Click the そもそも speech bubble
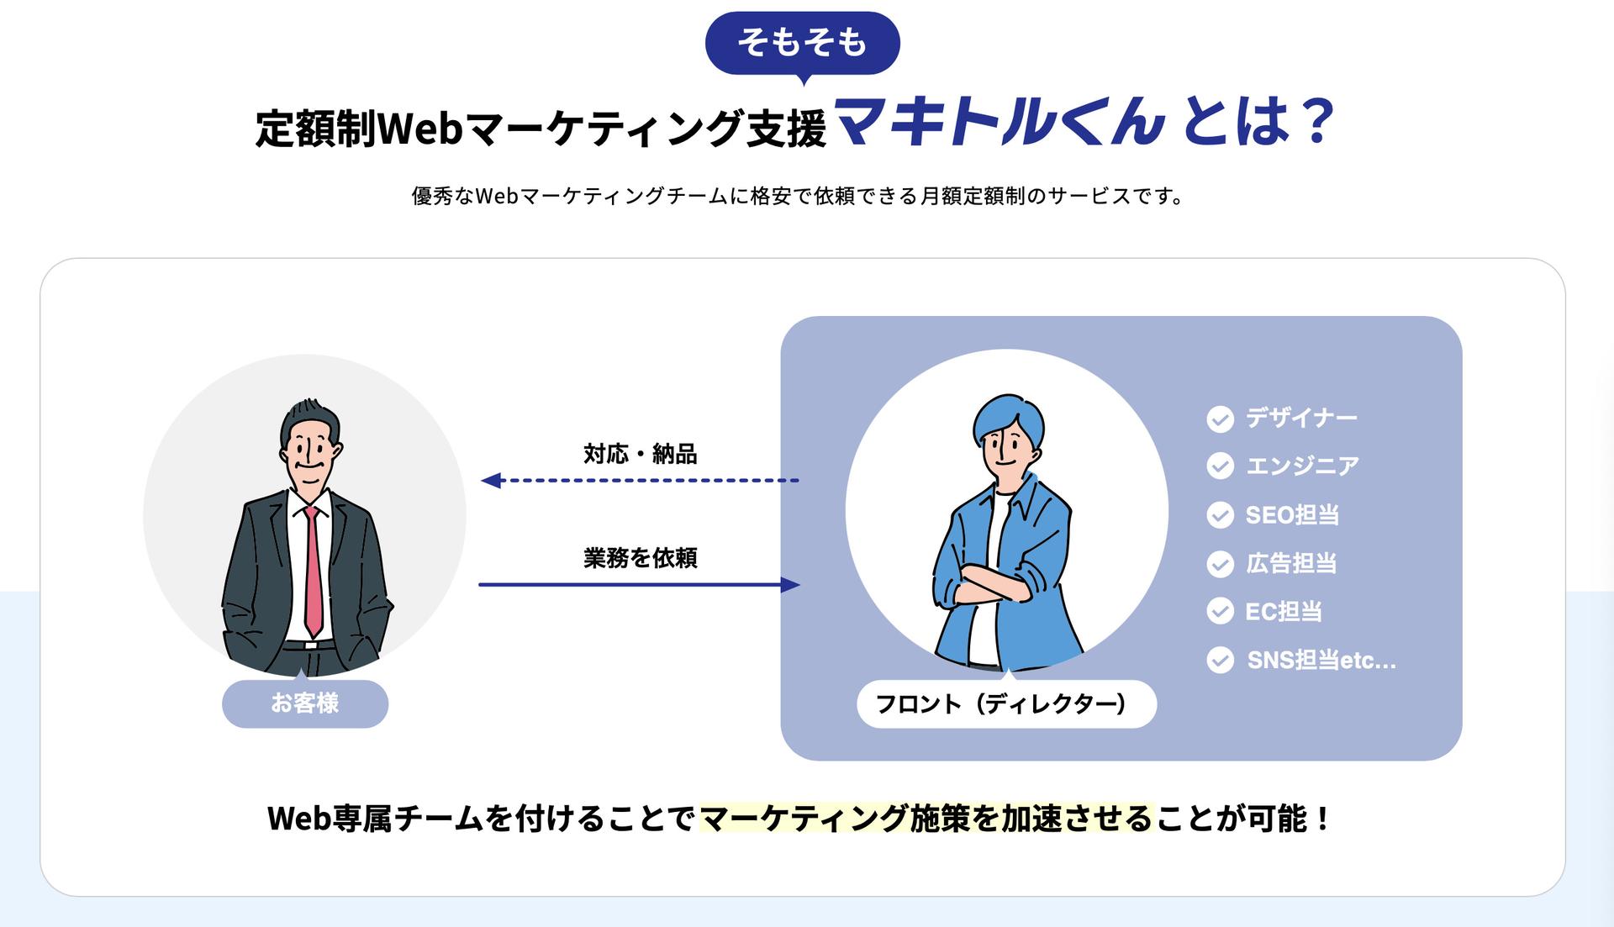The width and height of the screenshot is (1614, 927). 802,42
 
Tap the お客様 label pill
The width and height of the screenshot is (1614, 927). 304,703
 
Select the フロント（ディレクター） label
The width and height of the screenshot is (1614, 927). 1006,704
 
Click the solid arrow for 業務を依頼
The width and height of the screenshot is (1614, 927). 639,584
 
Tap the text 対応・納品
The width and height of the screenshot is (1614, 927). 641,455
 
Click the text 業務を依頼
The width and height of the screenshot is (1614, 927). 641,558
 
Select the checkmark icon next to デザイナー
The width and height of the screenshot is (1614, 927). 1220,419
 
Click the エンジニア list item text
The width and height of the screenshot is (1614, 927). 1302,466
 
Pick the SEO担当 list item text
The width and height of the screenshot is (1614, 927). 1292,514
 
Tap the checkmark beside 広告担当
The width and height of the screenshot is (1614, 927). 1220,563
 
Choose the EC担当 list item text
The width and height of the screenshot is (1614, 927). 1284,611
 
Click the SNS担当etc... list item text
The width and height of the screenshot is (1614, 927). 1321,661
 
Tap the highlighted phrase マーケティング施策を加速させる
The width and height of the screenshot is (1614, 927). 926,818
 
